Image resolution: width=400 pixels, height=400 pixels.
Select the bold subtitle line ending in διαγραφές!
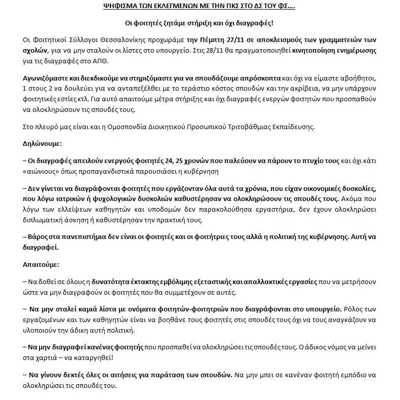199,24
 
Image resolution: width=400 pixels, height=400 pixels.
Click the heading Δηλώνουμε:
42,143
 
